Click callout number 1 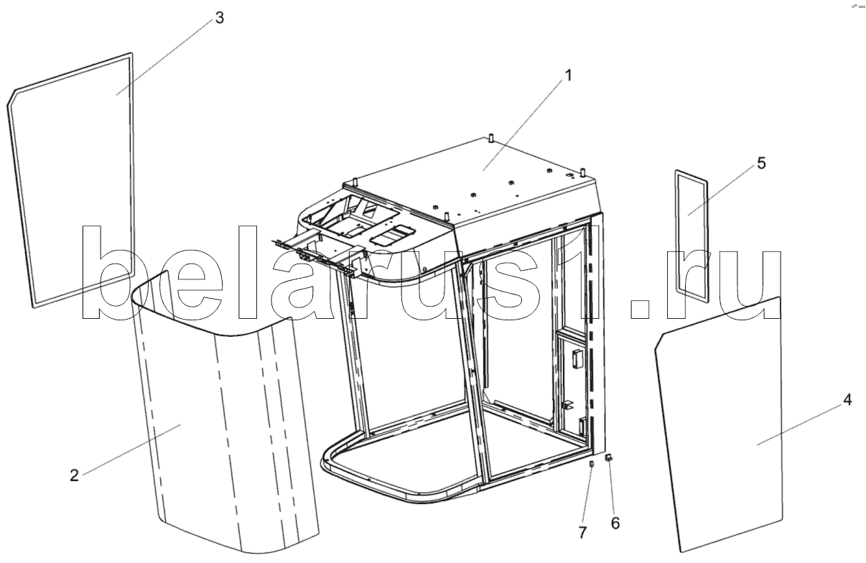tap(567, 75)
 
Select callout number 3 tap(219, 19)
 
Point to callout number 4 tap(847, 401)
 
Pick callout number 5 tap(760, 163)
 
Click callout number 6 tap(615, 523)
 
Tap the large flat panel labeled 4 tap(732, 431)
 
